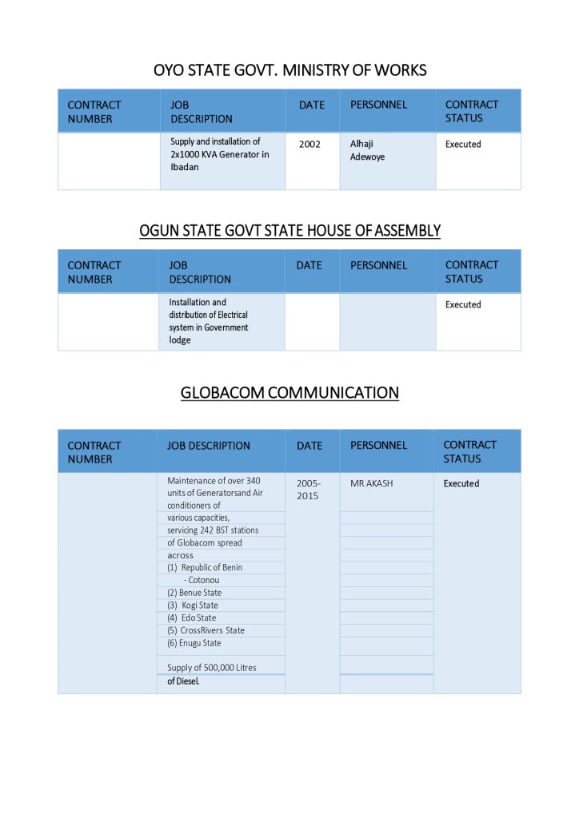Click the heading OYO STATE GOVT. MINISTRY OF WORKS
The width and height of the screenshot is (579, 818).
point(289,70)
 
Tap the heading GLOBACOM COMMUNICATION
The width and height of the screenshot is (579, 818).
point(289,393)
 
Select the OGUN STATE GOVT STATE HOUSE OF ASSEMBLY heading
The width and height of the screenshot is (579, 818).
point(289,231)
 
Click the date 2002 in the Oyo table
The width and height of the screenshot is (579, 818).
point(309,145)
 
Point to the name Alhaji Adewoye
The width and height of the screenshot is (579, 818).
point(367,150)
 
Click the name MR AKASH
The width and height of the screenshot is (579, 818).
point(372,483)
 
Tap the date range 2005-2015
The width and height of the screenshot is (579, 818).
point(308,490)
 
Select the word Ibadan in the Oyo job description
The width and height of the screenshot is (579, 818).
point(185,167)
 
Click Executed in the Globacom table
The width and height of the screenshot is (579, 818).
point(461,483)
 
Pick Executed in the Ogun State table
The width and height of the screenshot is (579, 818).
point(463,304)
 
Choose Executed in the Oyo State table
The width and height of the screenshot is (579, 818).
point(463,145)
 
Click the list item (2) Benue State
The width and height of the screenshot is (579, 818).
point(194,593)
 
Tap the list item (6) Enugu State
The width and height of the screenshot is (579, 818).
point(194,643)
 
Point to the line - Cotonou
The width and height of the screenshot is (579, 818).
point(202,580)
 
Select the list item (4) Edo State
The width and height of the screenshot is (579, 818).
point(192,617)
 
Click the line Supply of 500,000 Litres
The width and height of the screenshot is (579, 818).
point(212,668)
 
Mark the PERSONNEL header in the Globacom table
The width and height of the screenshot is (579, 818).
point(378,445)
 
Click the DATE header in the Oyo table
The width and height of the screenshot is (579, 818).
point(312,105)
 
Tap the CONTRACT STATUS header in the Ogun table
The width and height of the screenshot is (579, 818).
point(472,272)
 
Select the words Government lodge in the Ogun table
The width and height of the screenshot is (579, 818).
point(209,333)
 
